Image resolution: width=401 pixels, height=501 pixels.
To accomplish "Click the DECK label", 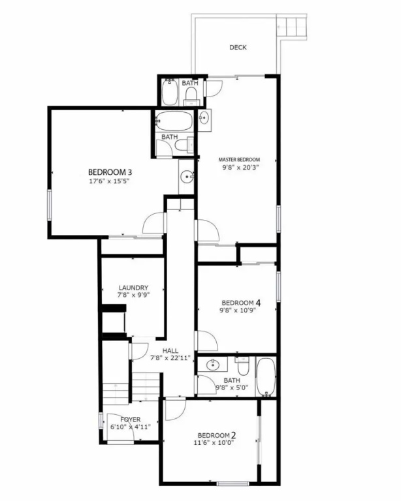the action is [238, 47].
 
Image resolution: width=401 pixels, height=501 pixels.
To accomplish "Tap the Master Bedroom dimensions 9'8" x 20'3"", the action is [240, 167].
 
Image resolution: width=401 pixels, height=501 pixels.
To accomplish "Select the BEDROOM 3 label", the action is [110, 172].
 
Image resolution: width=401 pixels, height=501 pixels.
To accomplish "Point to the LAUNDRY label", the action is [133, 288].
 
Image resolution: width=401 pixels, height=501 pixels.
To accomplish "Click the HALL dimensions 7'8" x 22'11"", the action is [170, 358].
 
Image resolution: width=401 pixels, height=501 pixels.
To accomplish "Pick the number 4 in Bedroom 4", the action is [258, 302].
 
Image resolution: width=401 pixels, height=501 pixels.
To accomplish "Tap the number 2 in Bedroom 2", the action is [233, 435].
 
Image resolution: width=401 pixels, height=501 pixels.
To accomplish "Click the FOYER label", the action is [131, 419].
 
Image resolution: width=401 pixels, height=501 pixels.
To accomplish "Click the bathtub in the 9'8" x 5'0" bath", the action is [266, 377].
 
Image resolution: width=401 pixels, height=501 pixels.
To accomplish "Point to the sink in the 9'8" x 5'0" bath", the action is [212, 365].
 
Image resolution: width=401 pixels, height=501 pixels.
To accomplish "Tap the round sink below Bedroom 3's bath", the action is [186, 177].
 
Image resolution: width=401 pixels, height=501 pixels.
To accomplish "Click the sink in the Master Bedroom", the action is [204, 118].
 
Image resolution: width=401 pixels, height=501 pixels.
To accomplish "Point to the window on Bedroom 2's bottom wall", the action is [233, 484].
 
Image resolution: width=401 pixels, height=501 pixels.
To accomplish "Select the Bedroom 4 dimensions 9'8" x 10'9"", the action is [237, 311].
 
